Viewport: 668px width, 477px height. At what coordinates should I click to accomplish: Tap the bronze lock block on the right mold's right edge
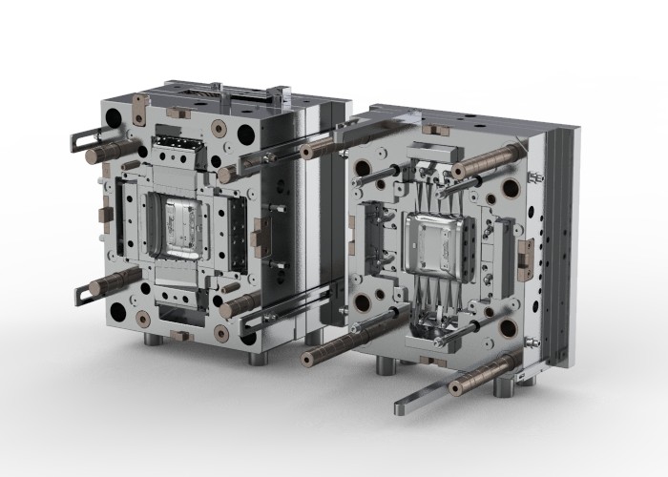(x=522, y=253)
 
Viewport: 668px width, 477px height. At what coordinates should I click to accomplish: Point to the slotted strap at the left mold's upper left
(x=84, y=137)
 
